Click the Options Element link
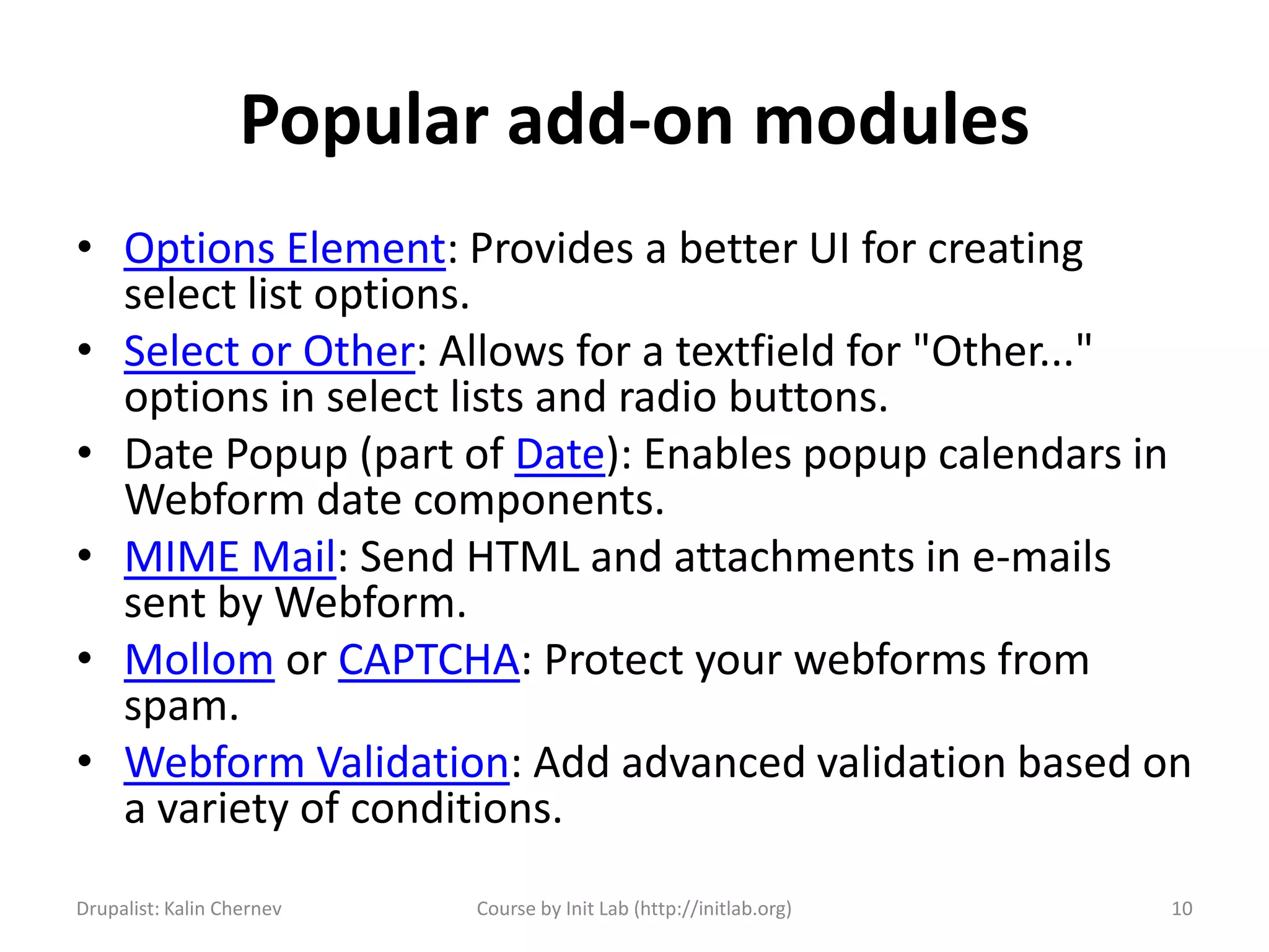click(x=284, y=249)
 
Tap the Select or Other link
click(x=269, y=352)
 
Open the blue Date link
click(x=560, y=454)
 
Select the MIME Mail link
click(x=230, y=557)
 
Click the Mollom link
click(x=199, y=660)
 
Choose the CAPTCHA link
click(x=429, y=660)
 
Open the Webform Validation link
click(x=317, y=763)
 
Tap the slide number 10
click(x=1182, y=909)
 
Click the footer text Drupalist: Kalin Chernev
click(x=178, y=909)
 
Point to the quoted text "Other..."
click(x=1002, y=351)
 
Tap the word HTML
click(x=522, y=557)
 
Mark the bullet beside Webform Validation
click(x=85, y=760)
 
